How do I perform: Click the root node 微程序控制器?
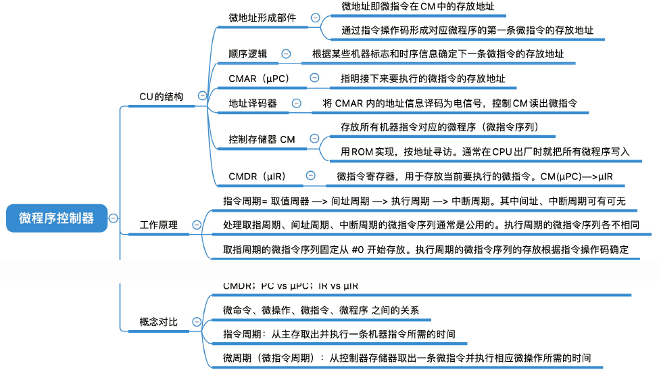(57, 218)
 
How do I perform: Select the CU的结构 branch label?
(161, 96)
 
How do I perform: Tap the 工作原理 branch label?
(159, 225)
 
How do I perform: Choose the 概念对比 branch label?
(159, 322)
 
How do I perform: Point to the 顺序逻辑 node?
(248, 53)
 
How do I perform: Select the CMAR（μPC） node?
(260, 78)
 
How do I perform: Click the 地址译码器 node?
(253, 103)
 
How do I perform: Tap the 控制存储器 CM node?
(262, 139)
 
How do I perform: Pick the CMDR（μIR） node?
(257, 176)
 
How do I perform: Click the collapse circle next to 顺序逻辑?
(286, 53)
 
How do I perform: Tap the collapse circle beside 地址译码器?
(296, 103)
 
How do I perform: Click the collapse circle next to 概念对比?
(197, 322)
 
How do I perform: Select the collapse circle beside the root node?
(114, 218)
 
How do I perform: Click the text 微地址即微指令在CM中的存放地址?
(418, 7)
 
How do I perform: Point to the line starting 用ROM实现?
(485, 151)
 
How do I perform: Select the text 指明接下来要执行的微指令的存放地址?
(422, 78)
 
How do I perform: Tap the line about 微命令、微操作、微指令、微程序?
(321, 310)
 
